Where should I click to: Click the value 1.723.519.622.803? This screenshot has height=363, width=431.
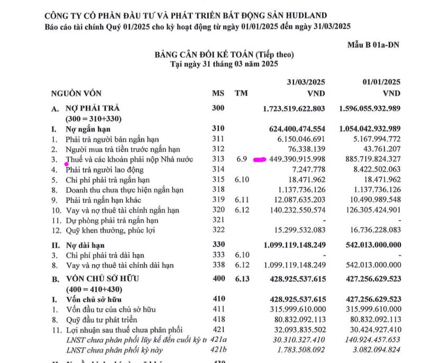click(294, 109)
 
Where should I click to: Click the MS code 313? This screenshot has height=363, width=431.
click(218, 159)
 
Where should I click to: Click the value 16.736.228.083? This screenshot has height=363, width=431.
click(371, 230)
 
